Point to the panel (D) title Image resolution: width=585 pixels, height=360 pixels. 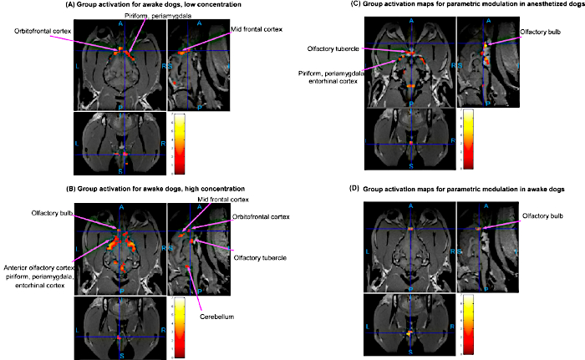[459, 190]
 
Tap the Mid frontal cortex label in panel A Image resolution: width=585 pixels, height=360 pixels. [252, 30]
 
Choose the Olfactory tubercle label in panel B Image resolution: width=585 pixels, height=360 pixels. [258, 257]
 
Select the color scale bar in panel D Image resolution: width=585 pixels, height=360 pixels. [469, 326]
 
